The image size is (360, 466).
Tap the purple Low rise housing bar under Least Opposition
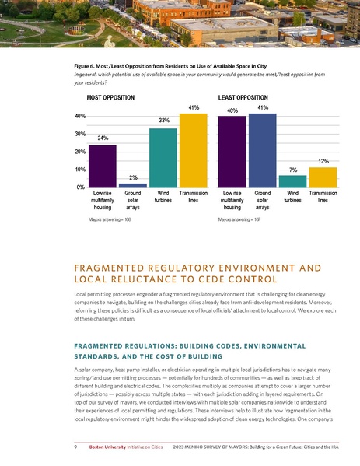click(232, 152)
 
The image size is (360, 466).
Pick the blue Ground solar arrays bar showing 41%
click(262, 151)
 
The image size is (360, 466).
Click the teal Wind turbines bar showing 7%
click(292, 181)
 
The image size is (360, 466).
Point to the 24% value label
click(103, 138)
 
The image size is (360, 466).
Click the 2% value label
click(133, 177)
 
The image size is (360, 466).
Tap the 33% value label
click(163, 121)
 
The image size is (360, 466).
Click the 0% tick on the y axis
click(80, 187)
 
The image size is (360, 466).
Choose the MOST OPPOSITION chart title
click(110, 98)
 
